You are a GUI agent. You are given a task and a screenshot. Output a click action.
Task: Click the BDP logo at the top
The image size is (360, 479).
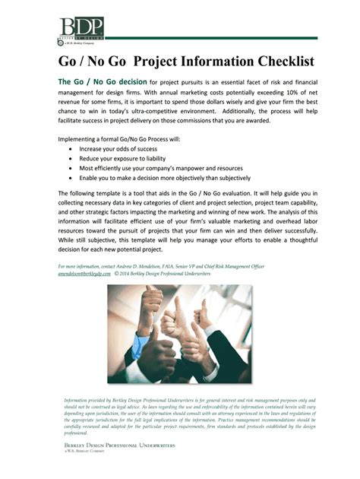[x=80, y=29]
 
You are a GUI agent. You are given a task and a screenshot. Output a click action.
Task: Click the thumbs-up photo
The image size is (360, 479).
[x=179, y=334]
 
